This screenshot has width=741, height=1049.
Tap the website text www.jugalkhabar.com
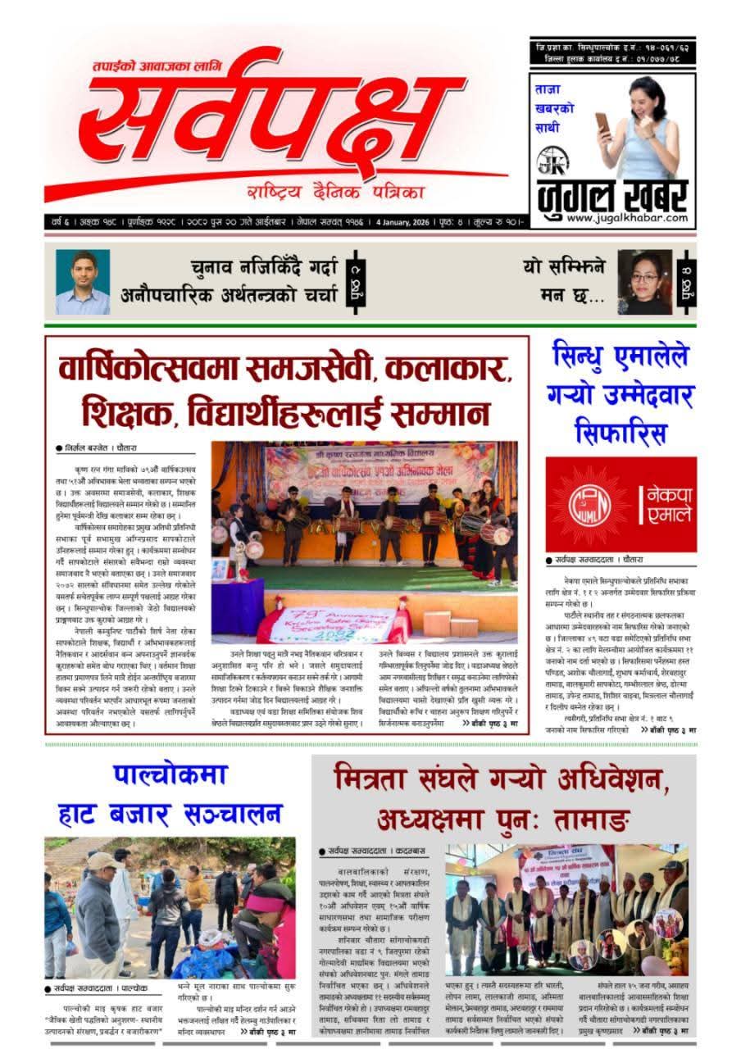pos(613,217)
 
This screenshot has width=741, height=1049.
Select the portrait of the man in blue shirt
pos(82,281)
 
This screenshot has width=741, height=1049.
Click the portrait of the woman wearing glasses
pos(644,281)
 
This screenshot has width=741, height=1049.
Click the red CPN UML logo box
pos(609,503)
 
